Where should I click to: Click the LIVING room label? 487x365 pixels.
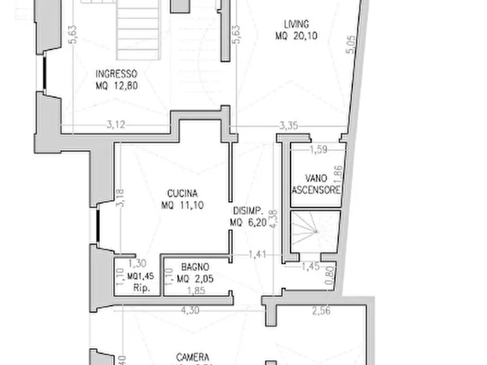coord(296,24)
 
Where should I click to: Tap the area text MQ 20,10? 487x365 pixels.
coord(296,36)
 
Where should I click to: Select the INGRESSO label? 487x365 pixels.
coord(116,74)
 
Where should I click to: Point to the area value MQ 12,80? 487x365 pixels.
coord(116,86)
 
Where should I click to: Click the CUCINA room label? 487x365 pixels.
coord(182,193)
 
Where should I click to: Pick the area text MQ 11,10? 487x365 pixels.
coord(182,205)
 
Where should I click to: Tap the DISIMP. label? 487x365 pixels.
coord(249,211)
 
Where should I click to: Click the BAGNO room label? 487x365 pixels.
coord(195,267)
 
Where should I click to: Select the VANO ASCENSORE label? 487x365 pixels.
coord(316,184)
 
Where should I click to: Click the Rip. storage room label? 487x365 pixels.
coord(141,287)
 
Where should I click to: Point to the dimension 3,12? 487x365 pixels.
coord(116,125)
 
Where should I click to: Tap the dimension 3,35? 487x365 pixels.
coord(288,126)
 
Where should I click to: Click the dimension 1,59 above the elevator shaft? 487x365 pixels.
coord(318,149)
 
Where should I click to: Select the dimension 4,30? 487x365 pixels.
coord(190,311)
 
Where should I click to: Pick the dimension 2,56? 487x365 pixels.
coord(321,311)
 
